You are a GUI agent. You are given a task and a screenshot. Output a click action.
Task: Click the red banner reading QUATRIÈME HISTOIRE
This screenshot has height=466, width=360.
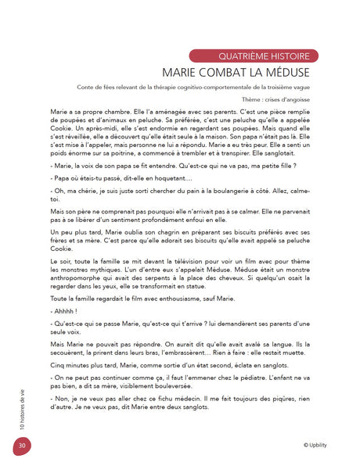pos(254,56)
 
